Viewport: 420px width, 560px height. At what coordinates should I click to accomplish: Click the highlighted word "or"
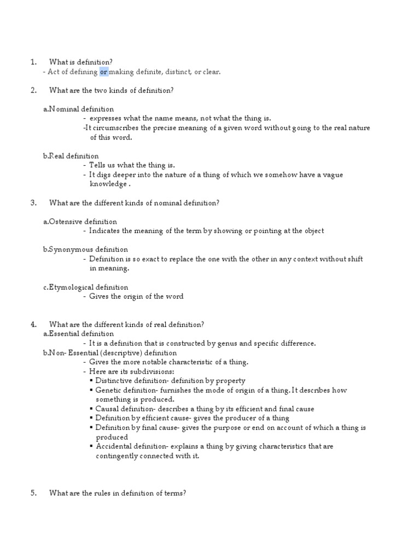point(104,72)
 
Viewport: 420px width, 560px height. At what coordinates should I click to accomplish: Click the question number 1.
point(33,62)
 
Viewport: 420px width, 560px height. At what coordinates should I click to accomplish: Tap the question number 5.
point(33,493)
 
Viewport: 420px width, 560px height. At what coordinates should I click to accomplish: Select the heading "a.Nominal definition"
point(79,109)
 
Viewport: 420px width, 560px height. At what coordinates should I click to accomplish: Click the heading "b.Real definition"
point(71,156)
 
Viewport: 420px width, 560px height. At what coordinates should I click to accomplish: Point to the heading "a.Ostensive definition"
point(80,221)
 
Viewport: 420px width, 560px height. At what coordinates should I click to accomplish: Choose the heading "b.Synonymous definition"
point(85,249)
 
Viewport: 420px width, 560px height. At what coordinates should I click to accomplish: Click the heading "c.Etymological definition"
point(85,287)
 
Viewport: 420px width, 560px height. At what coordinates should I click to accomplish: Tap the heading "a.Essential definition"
point(79,334)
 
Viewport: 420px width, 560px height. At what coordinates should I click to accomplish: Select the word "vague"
point(332,174)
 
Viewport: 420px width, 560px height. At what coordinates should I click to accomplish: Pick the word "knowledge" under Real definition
point(108,184)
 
